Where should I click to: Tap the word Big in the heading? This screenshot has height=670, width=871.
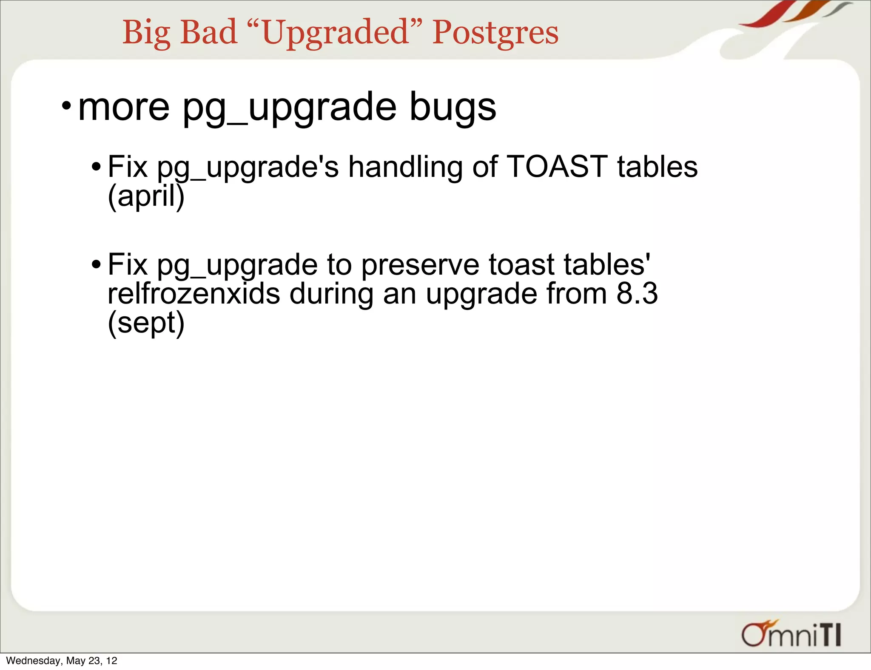146,33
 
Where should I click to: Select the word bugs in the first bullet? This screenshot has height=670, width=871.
453,107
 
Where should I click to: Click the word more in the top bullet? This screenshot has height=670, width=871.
124,107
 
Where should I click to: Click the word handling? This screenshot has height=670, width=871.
405,167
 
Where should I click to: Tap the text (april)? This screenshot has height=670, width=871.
146,196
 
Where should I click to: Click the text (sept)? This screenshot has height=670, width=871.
146,323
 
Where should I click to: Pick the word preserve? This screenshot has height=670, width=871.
420,265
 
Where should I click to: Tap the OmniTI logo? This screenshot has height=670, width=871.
791,634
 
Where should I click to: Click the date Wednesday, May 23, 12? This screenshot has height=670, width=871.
62,661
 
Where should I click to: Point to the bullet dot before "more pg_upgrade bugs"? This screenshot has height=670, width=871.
66,105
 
